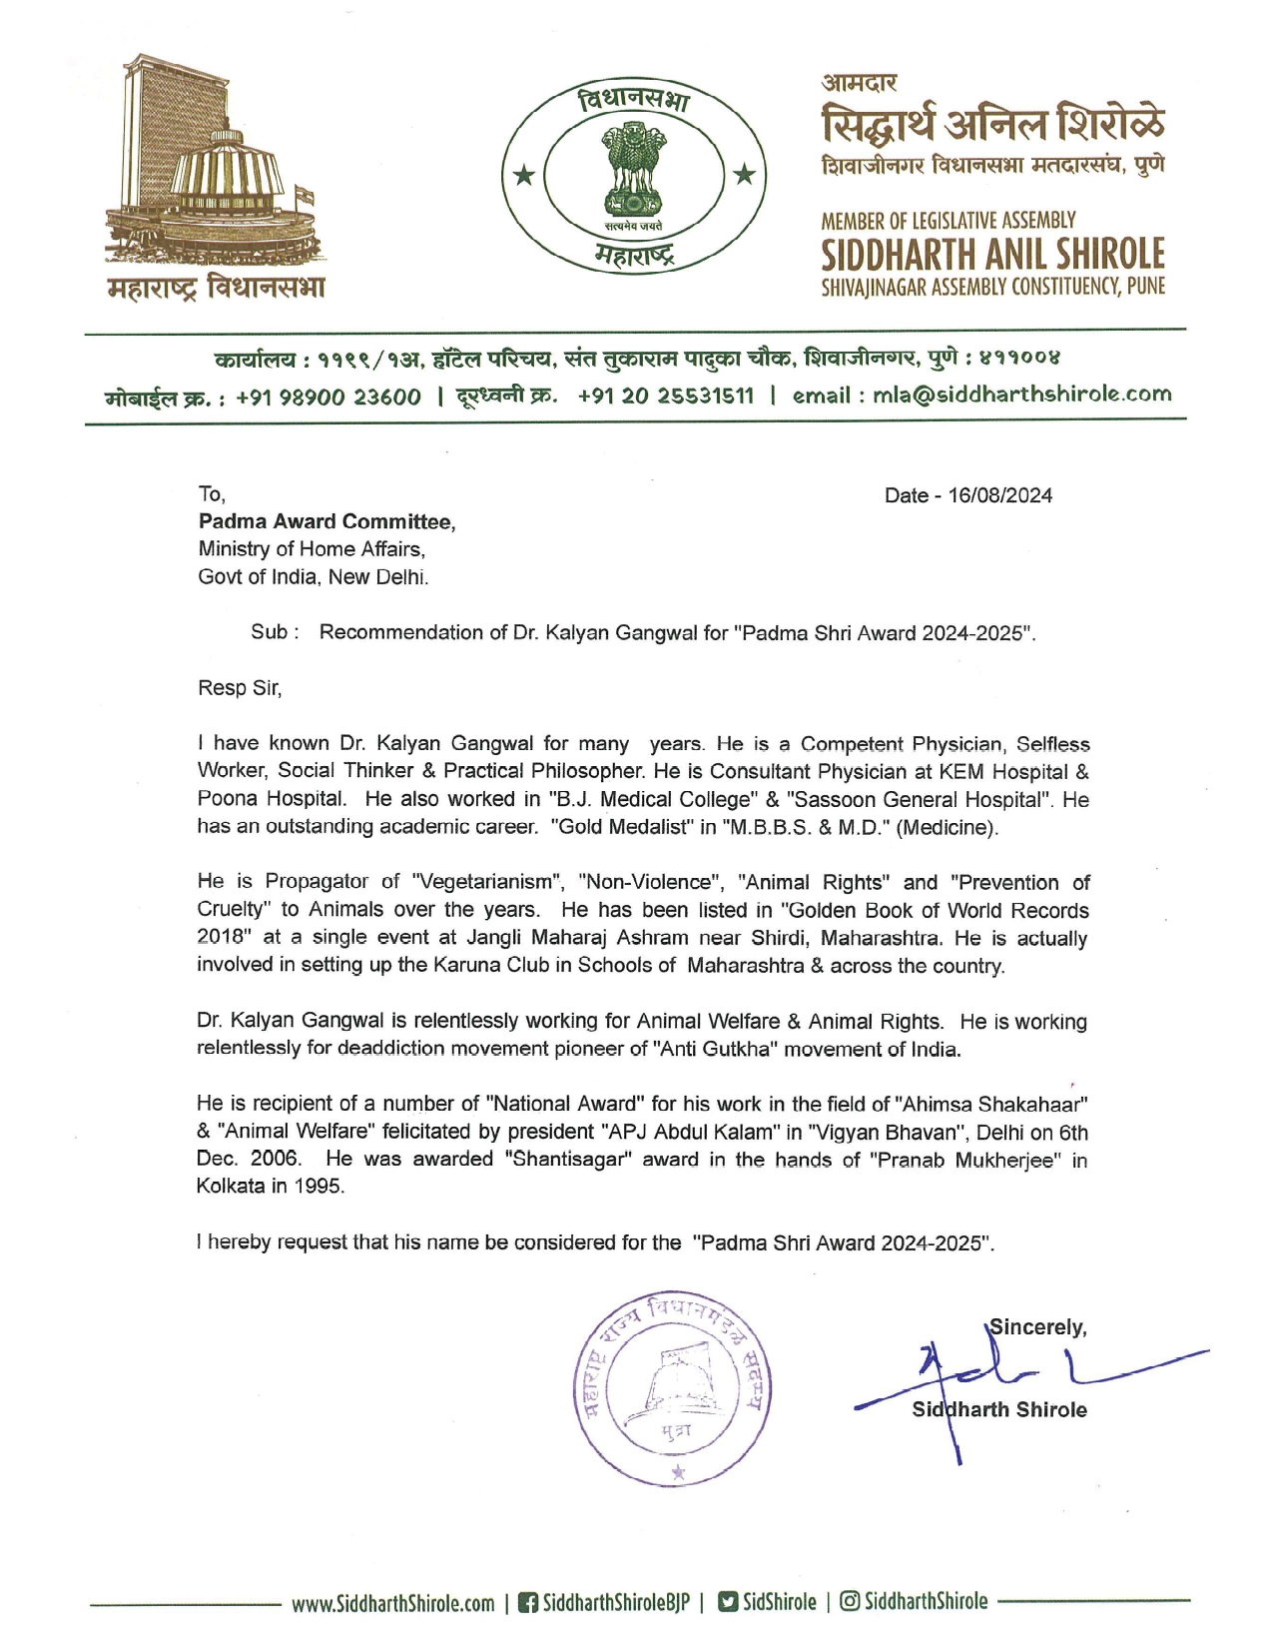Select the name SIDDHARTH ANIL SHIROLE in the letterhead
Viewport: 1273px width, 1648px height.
point(992,254)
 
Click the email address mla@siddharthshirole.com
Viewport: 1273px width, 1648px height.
point(1021,395)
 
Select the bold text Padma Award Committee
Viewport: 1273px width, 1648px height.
point(326,521)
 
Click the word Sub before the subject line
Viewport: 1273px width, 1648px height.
point(270,632)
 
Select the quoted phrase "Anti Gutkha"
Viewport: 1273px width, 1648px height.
point(711,1050)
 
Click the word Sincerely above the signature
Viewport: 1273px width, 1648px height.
point(1037,1327)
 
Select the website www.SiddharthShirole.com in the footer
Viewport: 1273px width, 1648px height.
point(392,1604)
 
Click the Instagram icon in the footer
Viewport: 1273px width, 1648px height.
point(850,1602)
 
